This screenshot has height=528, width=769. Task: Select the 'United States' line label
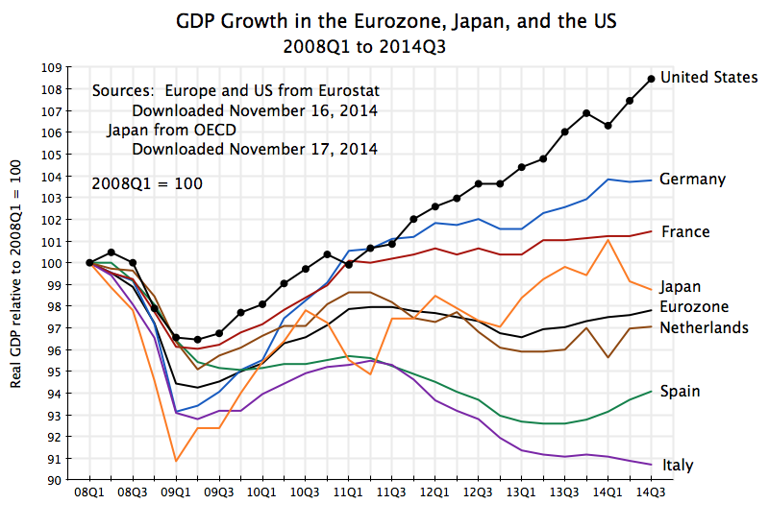[709, 78]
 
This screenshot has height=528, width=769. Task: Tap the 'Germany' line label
[692, 180]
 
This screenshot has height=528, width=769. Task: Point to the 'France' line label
[685, 231]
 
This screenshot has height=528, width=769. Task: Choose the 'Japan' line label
[681, 286]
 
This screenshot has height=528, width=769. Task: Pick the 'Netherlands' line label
[705, 328]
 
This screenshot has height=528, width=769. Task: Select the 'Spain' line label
[680, 392]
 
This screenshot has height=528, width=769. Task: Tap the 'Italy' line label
[677, 466]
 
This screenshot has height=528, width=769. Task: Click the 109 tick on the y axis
[51, 68]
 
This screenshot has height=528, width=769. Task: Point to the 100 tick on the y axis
[51, 263]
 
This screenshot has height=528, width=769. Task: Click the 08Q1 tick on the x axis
[88, 492]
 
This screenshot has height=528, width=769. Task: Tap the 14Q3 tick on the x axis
[652, 492]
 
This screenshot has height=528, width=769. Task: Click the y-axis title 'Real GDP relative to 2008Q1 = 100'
[16, 274]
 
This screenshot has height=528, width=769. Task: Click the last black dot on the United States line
[652, 79]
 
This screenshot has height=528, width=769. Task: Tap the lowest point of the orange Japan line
[176, 461]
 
